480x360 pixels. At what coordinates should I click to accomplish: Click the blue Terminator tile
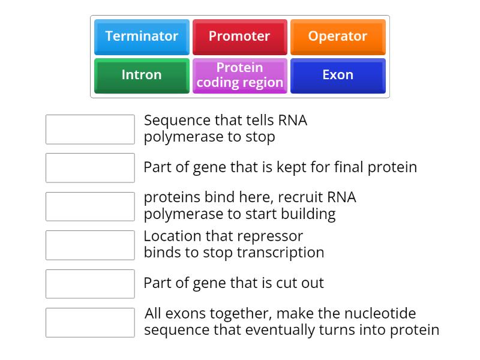(142, 37)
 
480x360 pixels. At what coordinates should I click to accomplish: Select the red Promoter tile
(239, 37)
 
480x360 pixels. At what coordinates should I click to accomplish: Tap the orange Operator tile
(337, 37)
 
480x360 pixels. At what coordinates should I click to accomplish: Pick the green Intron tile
(142, 75)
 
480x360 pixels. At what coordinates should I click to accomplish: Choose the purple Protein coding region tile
(239, 75)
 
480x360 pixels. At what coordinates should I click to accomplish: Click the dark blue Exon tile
(337, 75)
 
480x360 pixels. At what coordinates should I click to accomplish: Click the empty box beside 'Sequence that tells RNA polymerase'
(90, 129)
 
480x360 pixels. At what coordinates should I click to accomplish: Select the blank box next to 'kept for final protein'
(90, 167)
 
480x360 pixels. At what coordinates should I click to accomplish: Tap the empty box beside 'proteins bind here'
(90, 206)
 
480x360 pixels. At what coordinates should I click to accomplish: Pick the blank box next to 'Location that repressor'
(90, 245)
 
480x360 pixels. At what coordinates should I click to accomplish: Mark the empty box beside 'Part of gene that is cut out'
(90, 284)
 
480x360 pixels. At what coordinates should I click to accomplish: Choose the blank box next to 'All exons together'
(90, 322)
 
